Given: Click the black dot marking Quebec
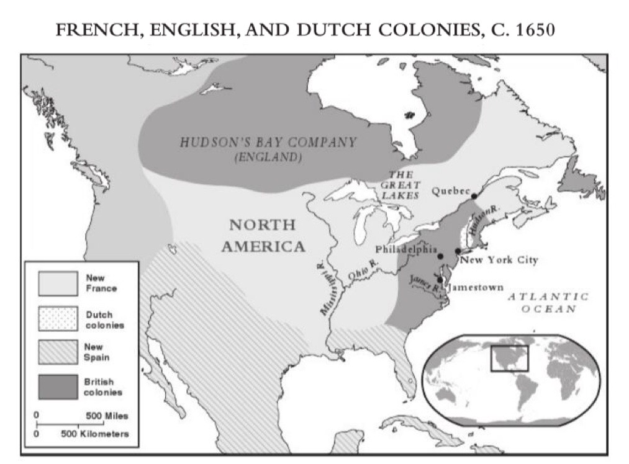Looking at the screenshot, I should click(x=474, y=196).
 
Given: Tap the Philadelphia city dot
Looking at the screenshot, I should click(x=440, y=256).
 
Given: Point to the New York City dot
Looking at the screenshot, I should click(x=458, y=251).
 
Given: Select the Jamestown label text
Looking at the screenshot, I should click(x=476, y=288).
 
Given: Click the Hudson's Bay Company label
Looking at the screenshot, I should click(x=268, y=143).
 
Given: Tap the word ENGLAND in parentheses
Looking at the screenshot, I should click(x=268, y=158).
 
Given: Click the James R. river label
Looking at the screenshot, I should click(x=425, y=283).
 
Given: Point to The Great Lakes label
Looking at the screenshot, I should click(x=400, y=185).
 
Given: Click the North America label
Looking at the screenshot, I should click(x=263, y=236).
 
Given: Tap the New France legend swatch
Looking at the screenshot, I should click(x=58, y=283).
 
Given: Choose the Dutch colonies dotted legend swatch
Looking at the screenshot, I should click(x=58, y=319).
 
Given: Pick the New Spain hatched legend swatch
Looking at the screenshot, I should click(x=58, y=352).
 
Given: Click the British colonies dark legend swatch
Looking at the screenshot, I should click(x=58, y=386).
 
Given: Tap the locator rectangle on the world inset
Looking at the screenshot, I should click(x=509, y=359).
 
